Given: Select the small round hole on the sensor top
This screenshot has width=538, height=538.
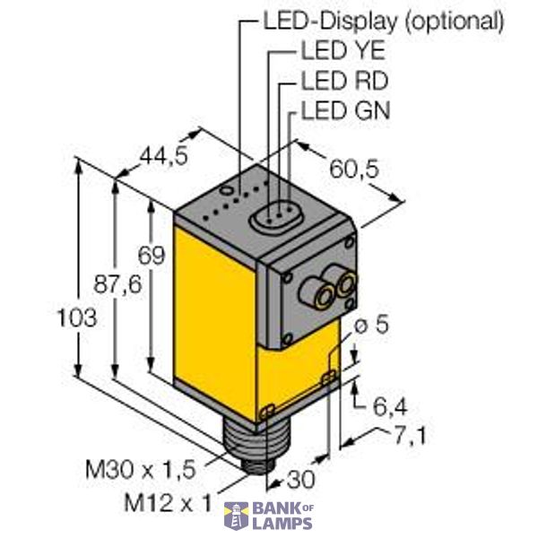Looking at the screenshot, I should (229, 190).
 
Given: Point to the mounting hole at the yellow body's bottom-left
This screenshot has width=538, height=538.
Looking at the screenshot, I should (267, 411).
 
